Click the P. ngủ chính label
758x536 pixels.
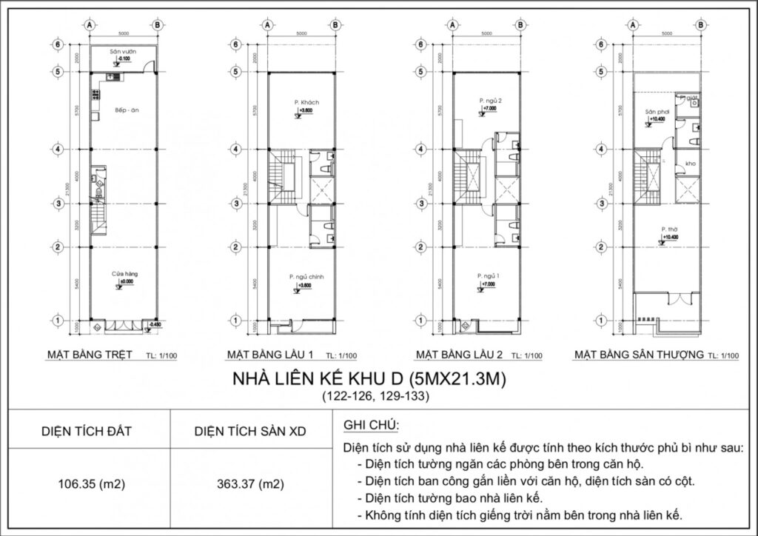[x=306, y=277]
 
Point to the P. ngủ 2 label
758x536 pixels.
[x=490, y=100]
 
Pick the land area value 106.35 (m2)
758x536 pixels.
[x=90, y=486]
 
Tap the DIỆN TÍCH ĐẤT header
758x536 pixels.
[x=90, y=429]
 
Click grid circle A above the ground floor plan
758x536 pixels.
[x=90, y=24]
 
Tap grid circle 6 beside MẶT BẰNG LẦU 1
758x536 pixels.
[x=235, y=44]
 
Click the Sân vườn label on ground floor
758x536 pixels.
[x=119, y=51]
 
